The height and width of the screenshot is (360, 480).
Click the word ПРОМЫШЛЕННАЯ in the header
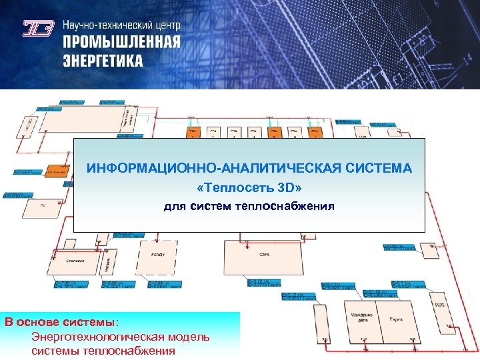[122, 43]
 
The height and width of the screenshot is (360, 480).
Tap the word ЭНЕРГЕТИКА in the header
[103, 61]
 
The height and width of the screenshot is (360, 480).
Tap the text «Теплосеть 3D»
[249, 188]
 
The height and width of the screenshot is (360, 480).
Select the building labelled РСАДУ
[157, 254]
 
